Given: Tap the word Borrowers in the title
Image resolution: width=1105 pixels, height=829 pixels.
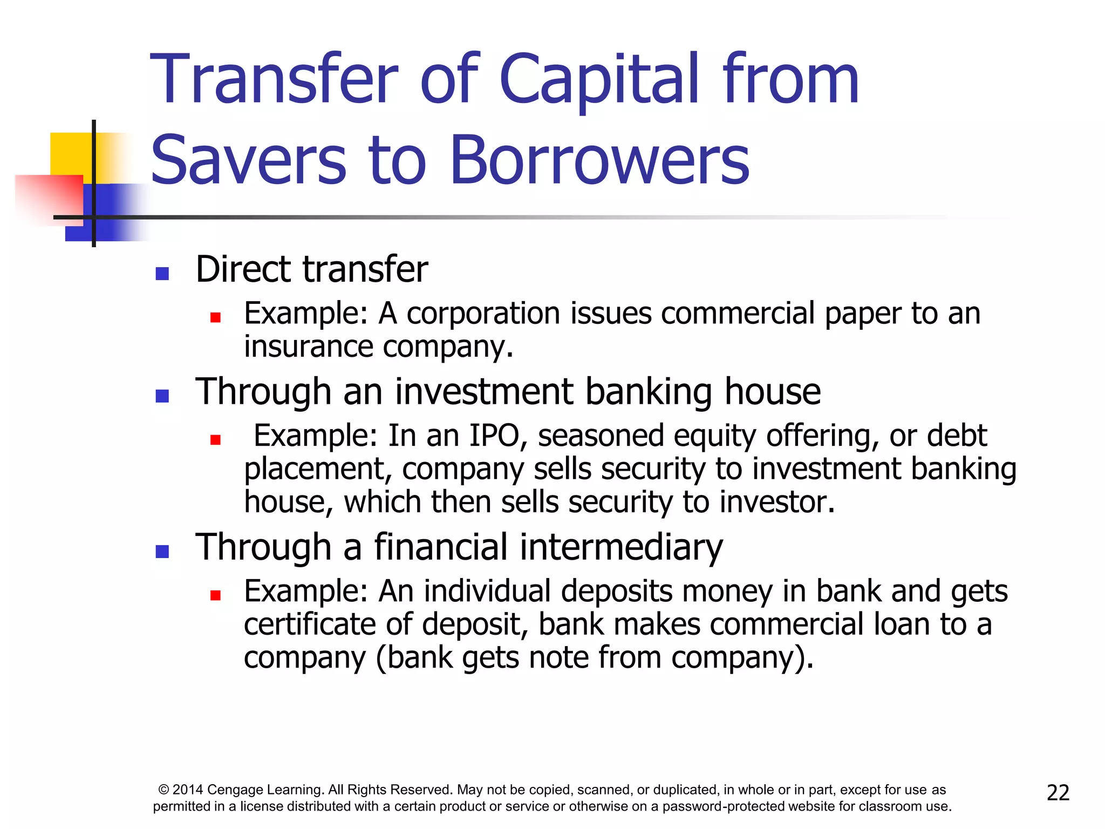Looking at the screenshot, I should coord(599,160).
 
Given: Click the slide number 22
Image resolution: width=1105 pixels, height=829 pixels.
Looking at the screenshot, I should coord(1058,792).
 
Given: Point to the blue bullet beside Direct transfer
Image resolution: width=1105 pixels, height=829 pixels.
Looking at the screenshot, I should coord(162,274).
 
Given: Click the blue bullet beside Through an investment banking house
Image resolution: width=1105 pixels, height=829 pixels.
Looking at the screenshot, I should coord(162,396).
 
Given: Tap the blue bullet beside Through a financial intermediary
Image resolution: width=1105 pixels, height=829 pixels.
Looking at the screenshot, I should coord(162,551).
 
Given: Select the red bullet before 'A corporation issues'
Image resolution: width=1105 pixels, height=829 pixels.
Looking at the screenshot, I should coord(215,317).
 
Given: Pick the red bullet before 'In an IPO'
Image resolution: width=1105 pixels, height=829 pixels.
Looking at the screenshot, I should coord(215,440).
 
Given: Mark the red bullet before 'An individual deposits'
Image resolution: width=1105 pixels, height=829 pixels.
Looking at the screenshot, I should coord(215,595).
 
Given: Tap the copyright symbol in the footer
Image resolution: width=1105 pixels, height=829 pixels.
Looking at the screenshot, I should coord(163,790).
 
